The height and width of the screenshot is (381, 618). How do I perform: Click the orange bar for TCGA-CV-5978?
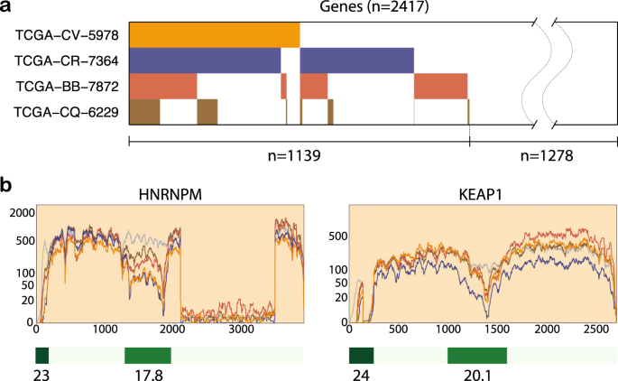point(214,34)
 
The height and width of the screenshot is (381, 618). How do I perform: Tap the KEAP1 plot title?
point(483,192)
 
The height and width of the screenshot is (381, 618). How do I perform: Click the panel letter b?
point(6,187)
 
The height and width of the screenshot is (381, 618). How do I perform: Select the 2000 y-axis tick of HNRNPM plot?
point(20,212)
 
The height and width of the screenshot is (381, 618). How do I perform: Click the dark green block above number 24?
point(361,355)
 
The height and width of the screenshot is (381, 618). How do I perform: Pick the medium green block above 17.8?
point(147,355)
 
